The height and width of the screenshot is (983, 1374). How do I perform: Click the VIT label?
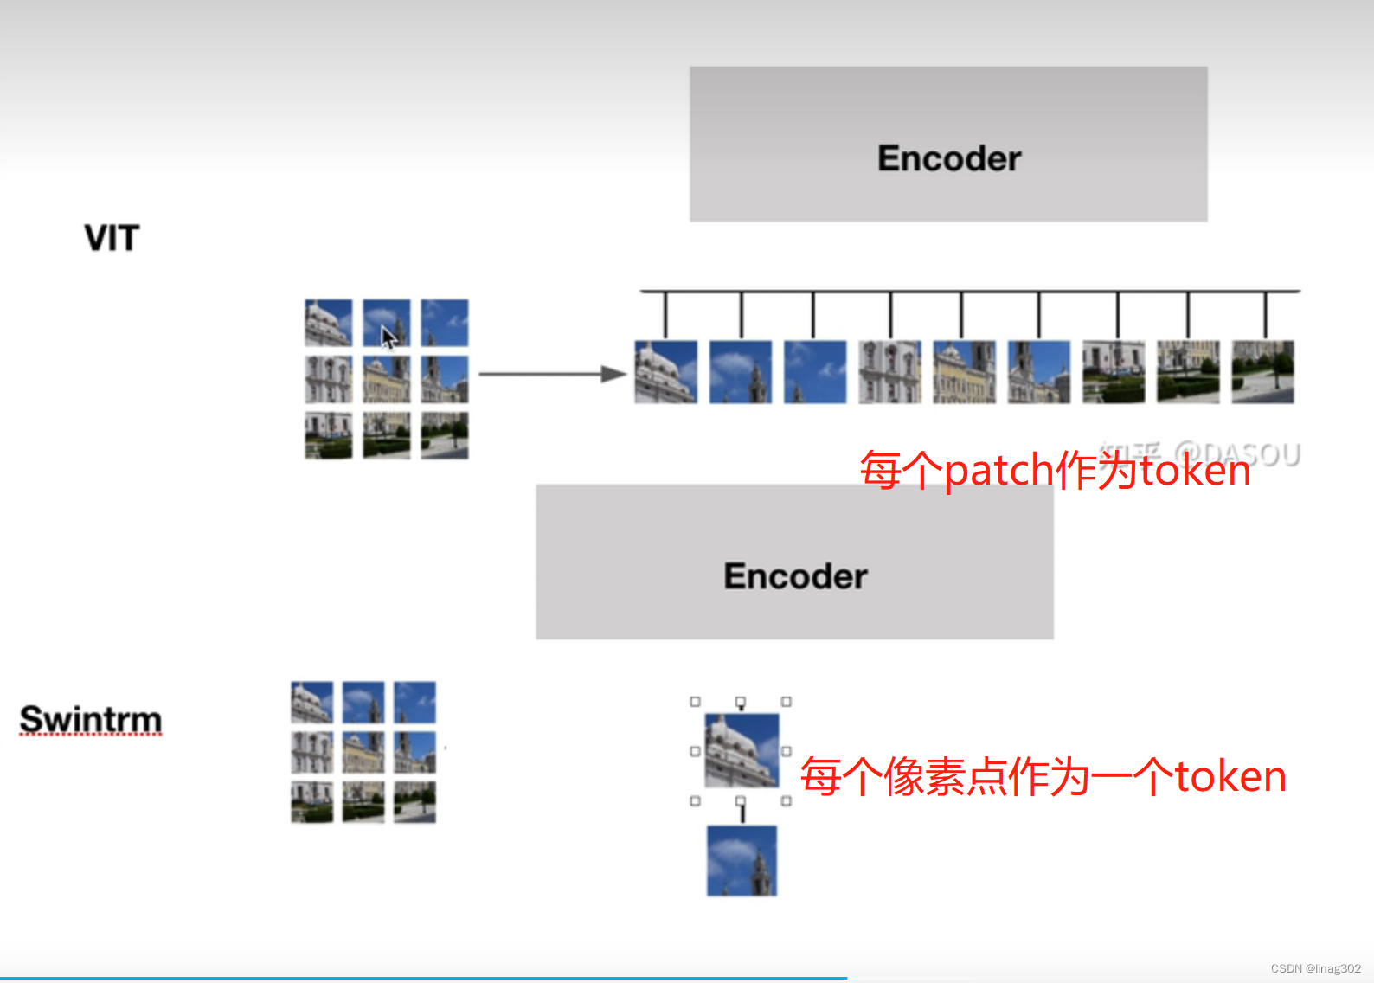(x=112, y=238)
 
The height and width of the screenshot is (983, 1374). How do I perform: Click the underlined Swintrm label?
(x=91, y=719)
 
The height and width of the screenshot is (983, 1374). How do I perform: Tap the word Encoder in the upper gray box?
(x=949, y=158)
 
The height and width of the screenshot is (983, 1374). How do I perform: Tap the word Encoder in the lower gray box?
(x=795, y=576)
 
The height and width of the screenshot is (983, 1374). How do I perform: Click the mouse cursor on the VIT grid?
(x=388, y=337)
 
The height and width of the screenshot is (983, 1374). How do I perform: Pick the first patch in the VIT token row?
(x=665, y=372)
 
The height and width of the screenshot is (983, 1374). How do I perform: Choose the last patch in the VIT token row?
(x=1262, y=372)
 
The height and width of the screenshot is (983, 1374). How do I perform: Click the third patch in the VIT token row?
(x=815, y=372)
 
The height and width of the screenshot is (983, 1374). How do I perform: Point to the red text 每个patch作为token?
(x=1055, y=471)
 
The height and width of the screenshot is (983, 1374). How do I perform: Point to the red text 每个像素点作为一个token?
(x=1043, y=776)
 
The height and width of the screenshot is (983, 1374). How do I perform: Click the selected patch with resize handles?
(x=742, y=750)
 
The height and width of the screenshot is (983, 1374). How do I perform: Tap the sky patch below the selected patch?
(x=742, y=861)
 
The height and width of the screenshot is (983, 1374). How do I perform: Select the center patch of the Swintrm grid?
(x=363, y=752)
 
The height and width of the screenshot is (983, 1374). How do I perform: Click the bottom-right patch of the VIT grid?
(x=445, y=435)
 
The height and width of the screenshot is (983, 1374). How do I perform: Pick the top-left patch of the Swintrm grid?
(x=311, y=702)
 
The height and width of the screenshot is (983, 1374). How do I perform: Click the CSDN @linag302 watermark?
(x=1315, y=968)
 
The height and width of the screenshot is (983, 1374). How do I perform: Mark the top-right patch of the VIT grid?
(x=445, y=322)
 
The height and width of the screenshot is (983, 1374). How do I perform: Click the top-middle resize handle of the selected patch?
(x=741, y=702)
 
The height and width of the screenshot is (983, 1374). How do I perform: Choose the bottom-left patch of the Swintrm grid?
(x=311, y=801)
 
